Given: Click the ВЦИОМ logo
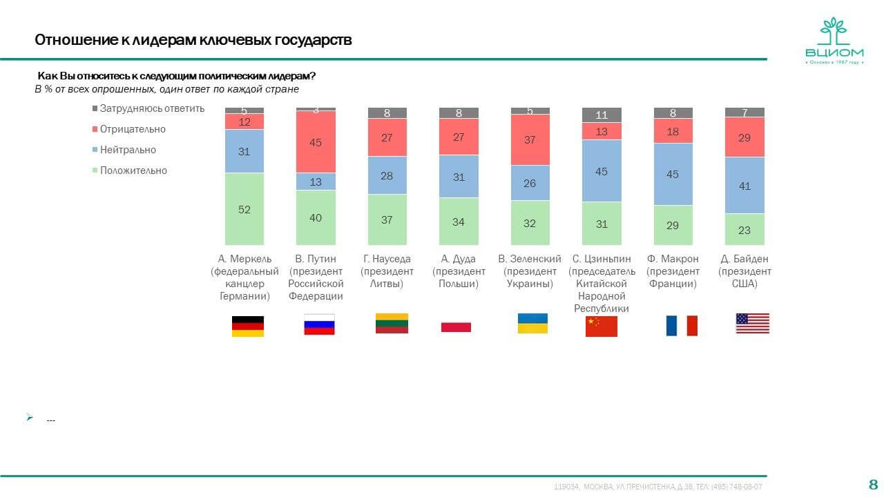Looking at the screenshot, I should coord(834,43).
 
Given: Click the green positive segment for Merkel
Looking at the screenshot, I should coord(244,208).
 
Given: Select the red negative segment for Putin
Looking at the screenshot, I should coord(316,142).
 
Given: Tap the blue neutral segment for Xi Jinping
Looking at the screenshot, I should coord(602,170).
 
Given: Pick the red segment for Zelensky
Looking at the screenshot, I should coord(530,139).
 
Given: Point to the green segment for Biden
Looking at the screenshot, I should coord(744,229).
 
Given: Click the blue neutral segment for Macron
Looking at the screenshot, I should coord(673,174).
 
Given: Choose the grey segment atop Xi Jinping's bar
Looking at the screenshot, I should coord(602,115).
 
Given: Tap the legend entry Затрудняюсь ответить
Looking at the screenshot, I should coord(148,108).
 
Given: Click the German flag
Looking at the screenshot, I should coord(247,326).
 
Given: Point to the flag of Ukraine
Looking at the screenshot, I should coord(532,324).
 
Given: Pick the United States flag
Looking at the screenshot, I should coord(752,323).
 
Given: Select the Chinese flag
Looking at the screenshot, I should coord(601,326).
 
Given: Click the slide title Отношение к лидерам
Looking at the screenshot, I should coord(193,40).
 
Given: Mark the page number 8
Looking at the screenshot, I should coord(873,483).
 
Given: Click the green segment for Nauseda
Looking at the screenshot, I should coord(387,220).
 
